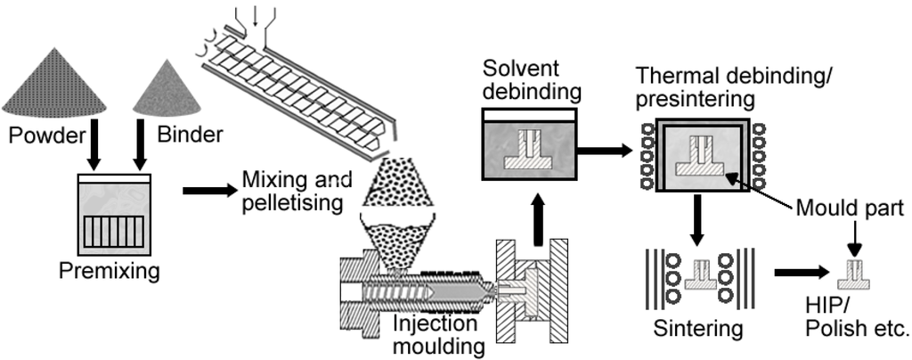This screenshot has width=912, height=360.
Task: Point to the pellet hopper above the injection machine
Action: (398, 214)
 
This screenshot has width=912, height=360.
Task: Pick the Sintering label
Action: (697, 328)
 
